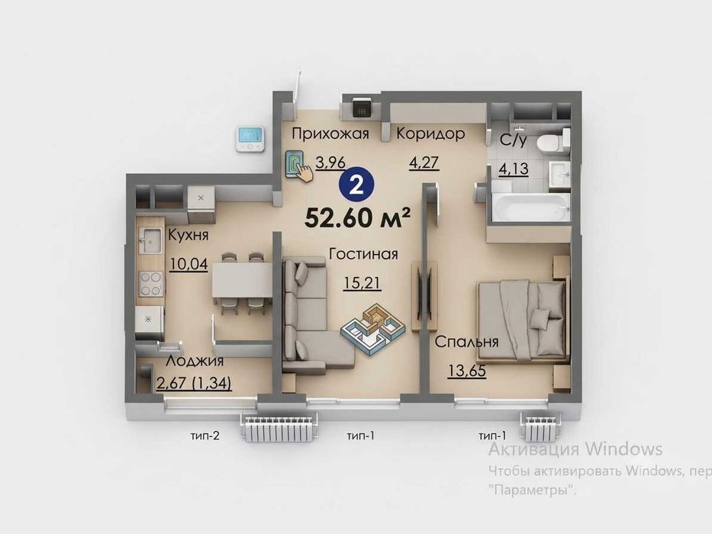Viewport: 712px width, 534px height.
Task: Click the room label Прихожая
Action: pyautogui.click(x=330, y=134)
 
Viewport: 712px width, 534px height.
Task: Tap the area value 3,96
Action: pyautogui.click(x=330, y=162)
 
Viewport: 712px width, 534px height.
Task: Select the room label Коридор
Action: pyautogui.click(x=430, y=134)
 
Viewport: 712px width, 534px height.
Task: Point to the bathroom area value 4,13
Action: pyautogui.click(x=514, y=169)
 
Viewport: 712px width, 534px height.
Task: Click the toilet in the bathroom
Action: pyautogui.click(x=553, y=139)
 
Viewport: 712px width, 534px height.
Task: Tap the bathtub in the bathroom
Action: pyautogui.click(x=530, y=207)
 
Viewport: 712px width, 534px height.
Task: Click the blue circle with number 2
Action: pyautogui.click(x=356, y=185)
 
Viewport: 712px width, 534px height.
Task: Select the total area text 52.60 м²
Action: pyautogui.click(x=358, y=218)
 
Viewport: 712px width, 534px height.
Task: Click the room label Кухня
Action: pyautogui.click(x=188, y=235)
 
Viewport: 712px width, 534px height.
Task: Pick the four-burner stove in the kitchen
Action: pyautogui.click(x=151, y=283)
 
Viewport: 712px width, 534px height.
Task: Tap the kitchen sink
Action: pyautogui.click(x=150, y=240)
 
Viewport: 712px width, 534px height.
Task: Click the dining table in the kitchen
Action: pyautogui.click(x=243, y=280)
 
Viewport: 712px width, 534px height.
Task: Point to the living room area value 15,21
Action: pyautogui.click(x=362, y=283)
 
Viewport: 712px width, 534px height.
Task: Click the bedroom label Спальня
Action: pyautogui.click(x=467, y=342)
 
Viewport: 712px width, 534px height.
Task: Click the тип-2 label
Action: pyautogui.click(x=205, y=436)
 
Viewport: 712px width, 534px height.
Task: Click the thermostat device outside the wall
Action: pyautogui.click(x=249, y=139)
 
